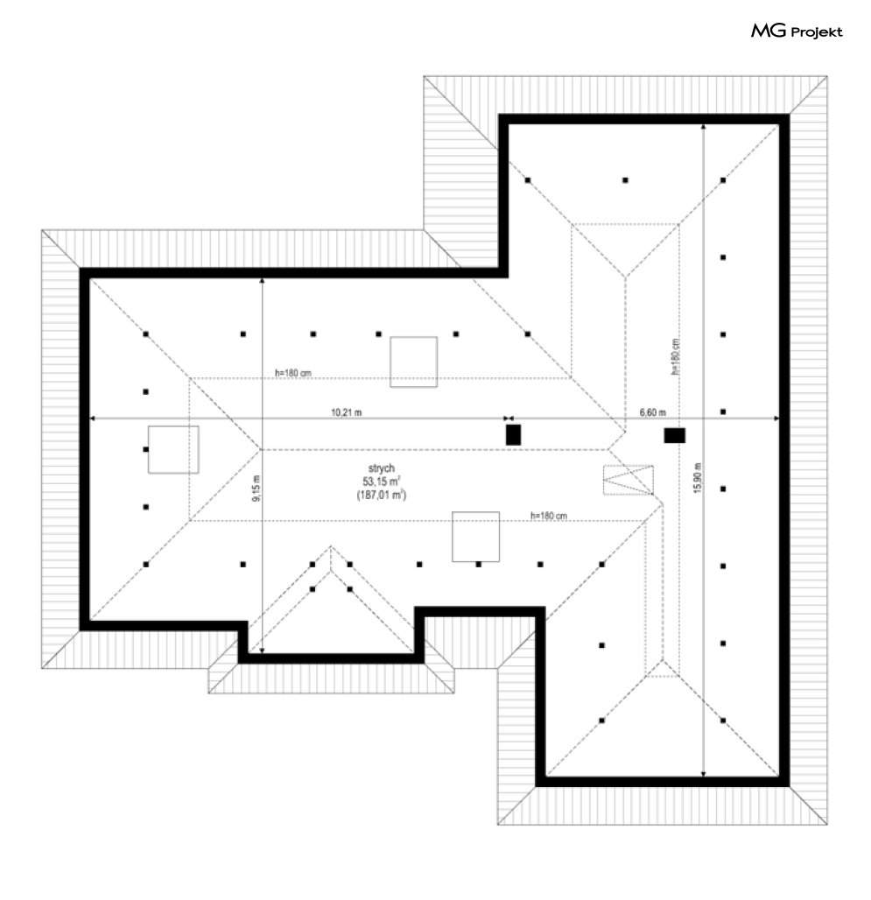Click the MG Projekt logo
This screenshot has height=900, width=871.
pos(797,32)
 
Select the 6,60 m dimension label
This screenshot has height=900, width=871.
pos(653,411)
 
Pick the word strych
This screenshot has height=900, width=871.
pos(380,468)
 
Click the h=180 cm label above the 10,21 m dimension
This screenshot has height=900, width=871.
pos(293,373)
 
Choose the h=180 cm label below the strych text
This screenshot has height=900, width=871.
pos(549,516)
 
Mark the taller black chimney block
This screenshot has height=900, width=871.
pos(513,434)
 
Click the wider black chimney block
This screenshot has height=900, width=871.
pos(674,435)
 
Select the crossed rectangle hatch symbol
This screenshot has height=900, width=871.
pos(628,480)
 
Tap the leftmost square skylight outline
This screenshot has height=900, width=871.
pos(173,449)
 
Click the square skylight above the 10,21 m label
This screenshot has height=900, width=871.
pos(413,362)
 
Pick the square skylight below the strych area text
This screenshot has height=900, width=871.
pos(475,536)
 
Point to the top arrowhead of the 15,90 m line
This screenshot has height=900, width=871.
pos(704,127)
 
